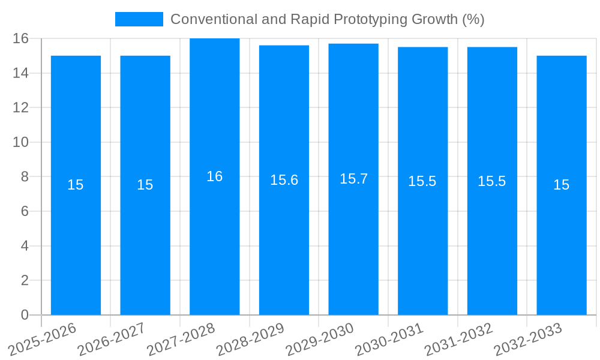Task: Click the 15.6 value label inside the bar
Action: (x=284, y=180)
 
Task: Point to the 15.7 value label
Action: (x=353, y=179)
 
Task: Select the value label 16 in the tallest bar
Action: (x=214, y=176)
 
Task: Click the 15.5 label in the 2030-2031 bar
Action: (x=422, y=181)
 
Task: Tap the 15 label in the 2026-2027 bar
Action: (x=145, y=185)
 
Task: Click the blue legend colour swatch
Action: (x=139, y=19)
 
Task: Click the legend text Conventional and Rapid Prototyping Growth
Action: (x=327, y=19)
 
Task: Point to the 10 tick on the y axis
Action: (x=20, y=142)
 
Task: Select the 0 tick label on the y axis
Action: (x=25, y=315)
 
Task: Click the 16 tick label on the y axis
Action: (x=20, y=38)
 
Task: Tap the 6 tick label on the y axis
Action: (x=25, y=211)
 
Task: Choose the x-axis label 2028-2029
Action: (x=250, y=339)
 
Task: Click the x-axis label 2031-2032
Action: (x=458, y=339)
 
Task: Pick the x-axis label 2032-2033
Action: (x=528, y=339)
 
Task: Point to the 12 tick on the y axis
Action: (x=20, y=107)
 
